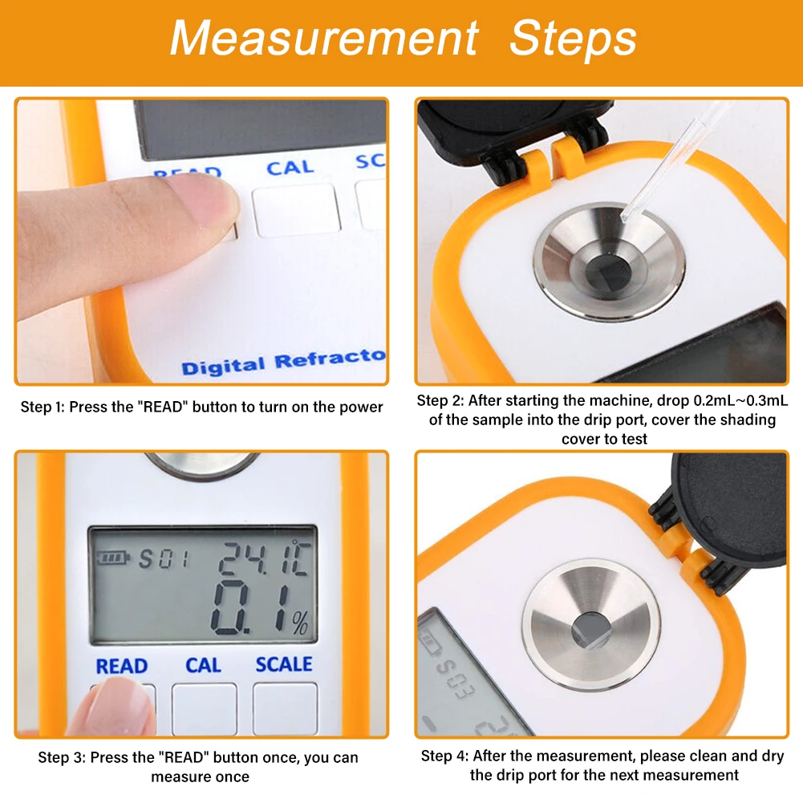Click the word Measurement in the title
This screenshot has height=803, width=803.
point(324,38)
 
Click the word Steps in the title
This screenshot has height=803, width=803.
point(573,38)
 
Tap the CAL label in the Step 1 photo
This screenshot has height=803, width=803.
point(290,168)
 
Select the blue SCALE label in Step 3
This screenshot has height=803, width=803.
point(284,665)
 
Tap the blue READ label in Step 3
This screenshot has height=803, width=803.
point(122,666)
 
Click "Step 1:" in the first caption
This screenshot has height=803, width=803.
point(43,407)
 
